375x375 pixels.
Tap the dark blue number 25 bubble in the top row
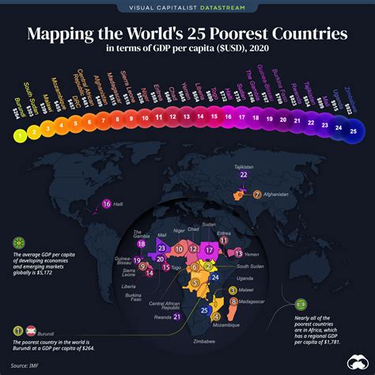click(352, 132)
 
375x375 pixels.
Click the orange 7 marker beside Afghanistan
click(256, 193)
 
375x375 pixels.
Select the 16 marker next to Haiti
click(107, 204)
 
